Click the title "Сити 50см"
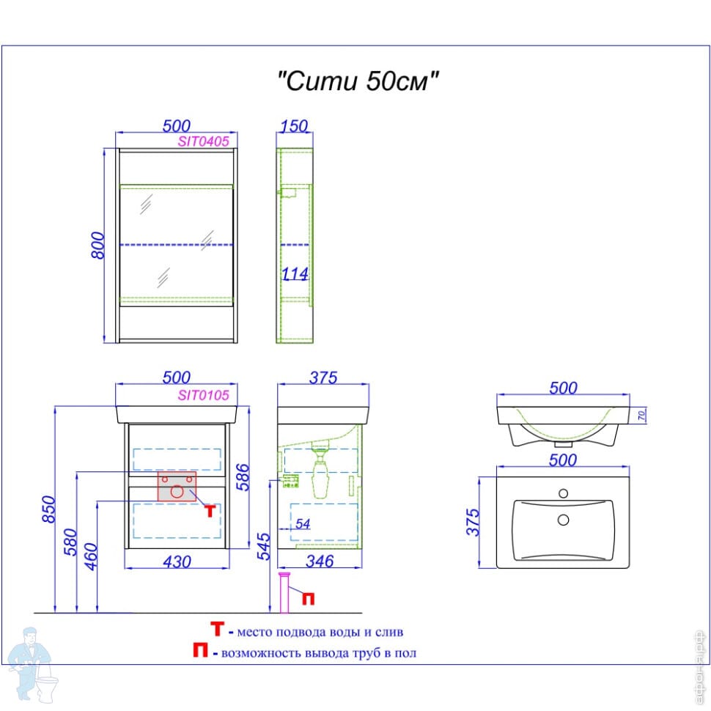pos(358,81)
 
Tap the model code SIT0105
pos(204,394)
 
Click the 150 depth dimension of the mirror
pos(294,127)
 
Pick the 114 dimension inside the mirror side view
pos(295,274)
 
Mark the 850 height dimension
pos(48,507)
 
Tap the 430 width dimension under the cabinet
pos(176,561)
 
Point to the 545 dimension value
pos(265,547)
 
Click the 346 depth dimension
pos(320,561)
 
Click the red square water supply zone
pos(177,487)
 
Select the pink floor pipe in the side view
pos(285,594)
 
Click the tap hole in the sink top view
pos(563,493)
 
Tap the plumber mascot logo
pos(33,663)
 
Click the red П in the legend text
pos(199,651)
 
